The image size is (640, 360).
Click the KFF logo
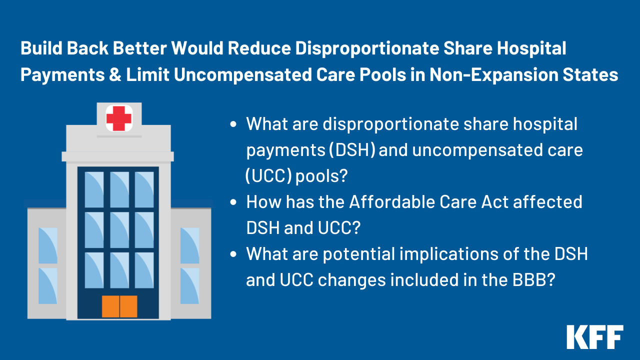pyautogui.click(x=594, y=337)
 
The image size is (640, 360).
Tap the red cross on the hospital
pyautogui.click(x=119, y=118)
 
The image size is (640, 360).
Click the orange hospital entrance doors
pyautogui.click(x=119, y=306)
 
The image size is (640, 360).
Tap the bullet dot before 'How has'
pyautogui.click(x=233, y=202)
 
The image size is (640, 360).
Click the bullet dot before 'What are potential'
pyautogui.click(x=233, y=254)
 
